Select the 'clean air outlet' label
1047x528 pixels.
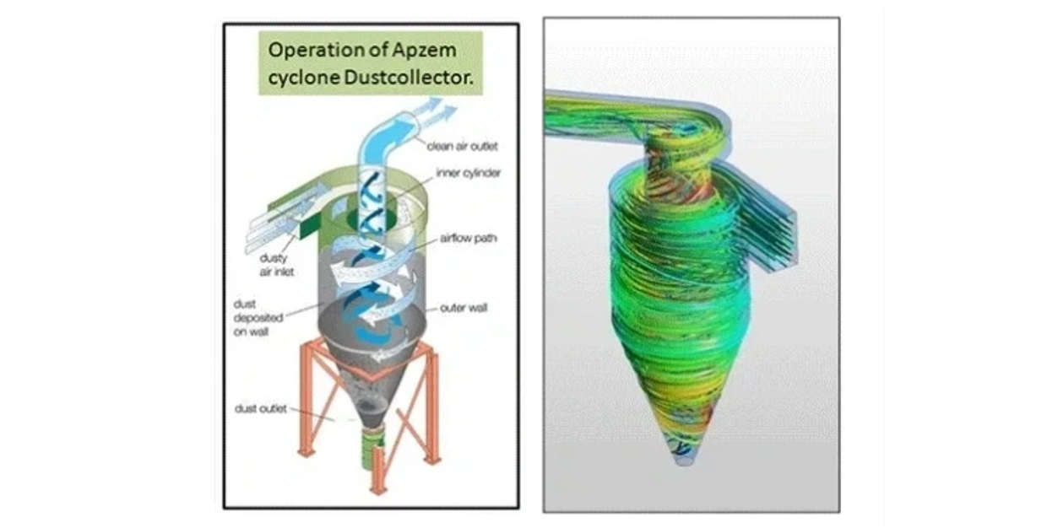tap(462, 145)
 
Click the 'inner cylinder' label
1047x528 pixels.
tap(469, 173)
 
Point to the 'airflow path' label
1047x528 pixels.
tap(468, 239)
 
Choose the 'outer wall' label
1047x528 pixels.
tap(464, 308)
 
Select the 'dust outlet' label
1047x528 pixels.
tap(261, 409)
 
